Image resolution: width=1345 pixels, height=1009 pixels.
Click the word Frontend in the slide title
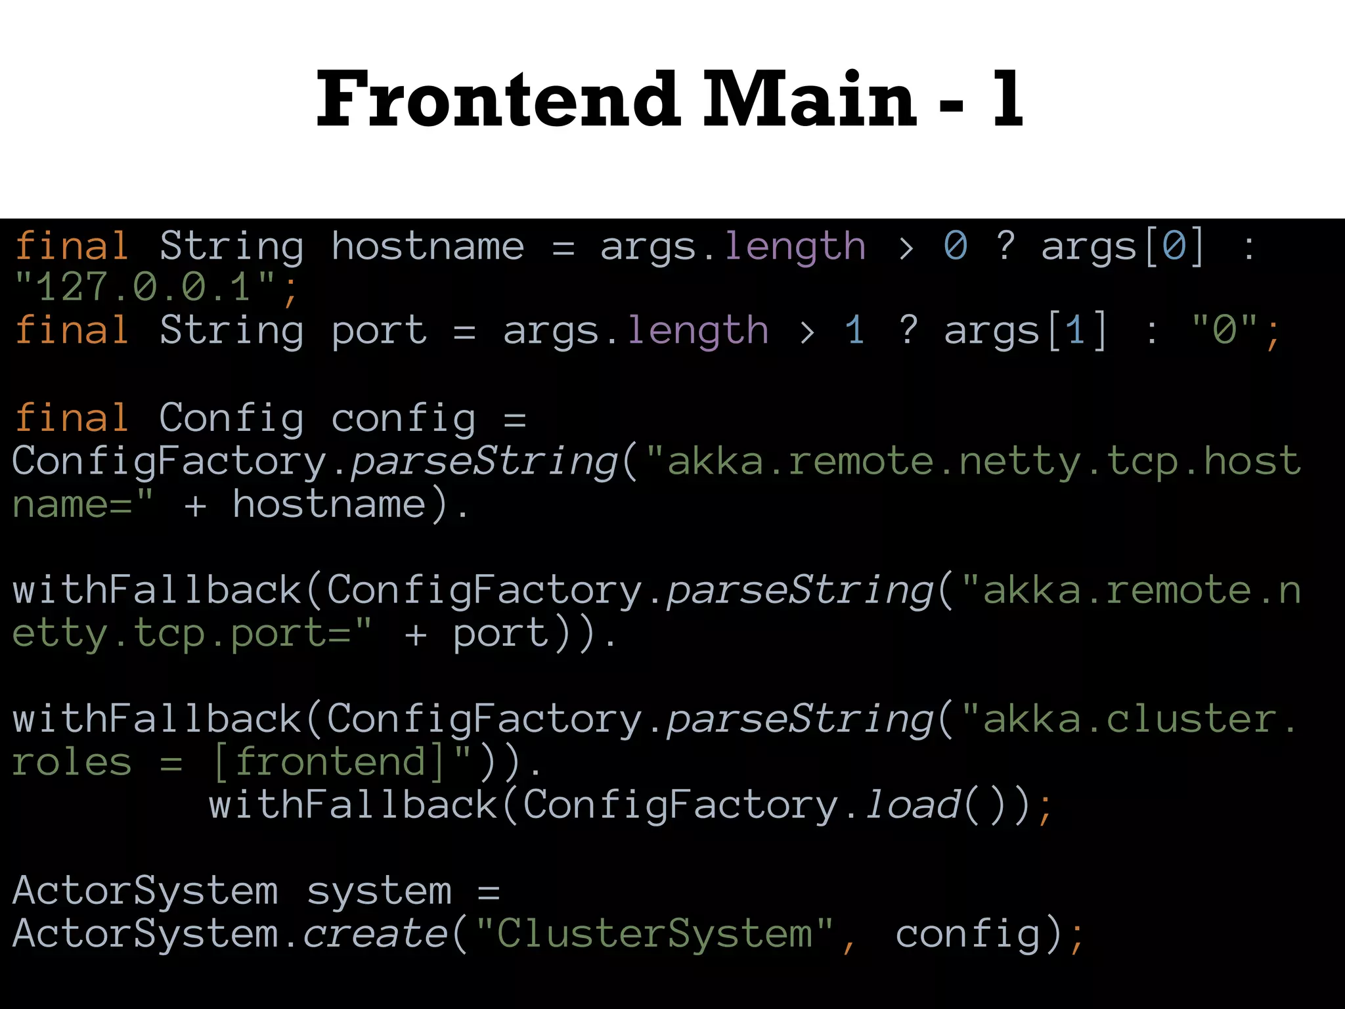498,100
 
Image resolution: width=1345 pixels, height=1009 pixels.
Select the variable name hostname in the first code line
428,247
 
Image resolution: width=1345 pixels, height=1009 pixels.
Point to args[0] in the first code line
1123,247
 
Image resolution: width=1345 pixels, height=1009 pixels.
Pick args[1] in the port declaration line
1025,330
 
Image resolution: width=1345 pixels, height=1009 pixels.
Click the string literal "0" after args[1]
1224,330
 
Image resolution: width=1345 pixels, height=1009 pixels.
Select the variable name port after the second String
379,330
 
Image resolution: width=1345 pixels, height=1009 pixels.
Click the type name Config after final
231,418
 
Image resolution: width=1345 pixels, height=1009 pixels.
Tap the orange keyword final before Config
72,418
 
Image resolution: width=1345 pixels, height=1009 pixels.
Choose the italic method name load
914,805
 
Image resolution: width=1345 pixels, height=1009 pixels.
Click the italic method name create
375,934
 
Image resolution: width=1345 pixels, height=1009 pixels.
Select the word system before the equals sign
379,892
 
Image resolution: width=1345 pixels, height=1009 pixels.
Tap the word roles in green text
72,763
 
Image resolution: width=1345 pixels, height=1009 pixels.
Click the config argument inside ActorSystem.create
969,934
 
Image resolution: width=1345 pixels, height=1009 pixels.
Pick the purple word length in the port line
697,330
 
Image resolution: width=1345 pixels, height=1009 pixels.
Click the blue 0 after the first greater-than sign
956,247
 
